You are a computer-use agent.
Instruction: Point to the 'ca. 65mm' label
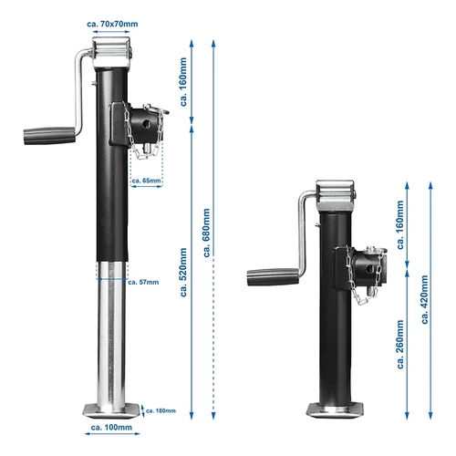pyautogui.click(x=147, y=181)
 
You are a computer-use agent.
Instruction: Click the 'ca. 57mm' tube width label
pyautogui.click(x=143, y=283)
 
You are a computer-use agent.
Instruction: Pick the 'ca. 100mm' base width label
pyautogui.click(x=112, y=427)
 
